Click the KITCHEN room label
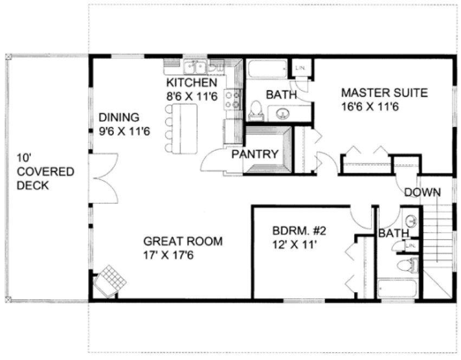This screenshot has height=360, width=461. pos(191,83)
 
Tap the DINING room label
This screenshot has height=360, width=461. pos(119,117)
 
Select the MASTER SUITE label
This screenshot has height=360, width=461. pos(384,93)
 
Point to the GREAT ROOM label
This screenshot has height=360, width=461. pos(183,241)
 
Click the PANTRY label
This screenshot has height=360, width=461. pos(255,154)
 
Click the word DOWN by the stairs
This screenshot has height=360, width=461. pos(422,192)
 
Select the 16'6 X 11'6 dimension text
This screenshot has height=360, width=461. pos(370,107)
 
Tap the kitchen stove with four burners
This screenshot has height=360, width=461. pos(233,100)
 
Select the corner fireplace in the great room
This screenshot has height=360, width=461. pos(112,280)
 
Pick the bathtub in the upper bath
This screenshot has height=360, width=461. pos(268,69)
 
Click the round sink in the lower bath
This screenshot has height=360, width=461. pos(412,221)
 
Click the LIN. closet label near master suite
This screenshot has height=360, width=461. pos(300,68)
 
